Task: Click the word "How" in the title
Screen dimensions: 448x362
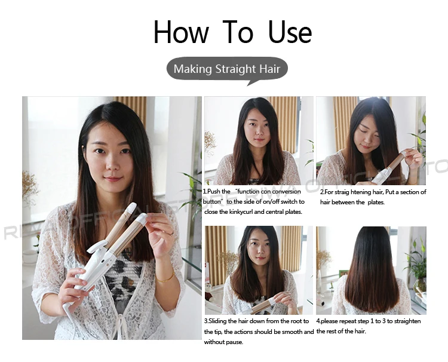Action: click(181, 32)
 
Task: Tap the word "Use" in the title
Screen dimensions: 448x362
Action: click(290, 32)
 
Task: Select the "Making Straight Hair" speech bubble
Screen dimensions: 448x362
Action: click(227, 70)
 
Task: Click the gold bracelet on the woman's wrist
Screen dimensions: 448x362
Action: click(165, 278)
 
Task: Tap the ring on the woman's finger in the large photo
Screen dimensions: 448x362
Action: click(171, 234)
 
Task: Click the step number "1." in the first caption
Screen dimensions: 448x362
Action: click(205, 191)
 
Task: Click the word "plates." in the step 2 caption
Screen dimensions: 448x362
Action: click(376, 203)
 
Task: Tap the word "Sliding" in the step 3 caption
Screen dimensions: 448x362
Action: click(218, 321)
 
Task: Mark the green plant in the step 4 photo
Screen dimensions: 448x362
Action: click(416, 263)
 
